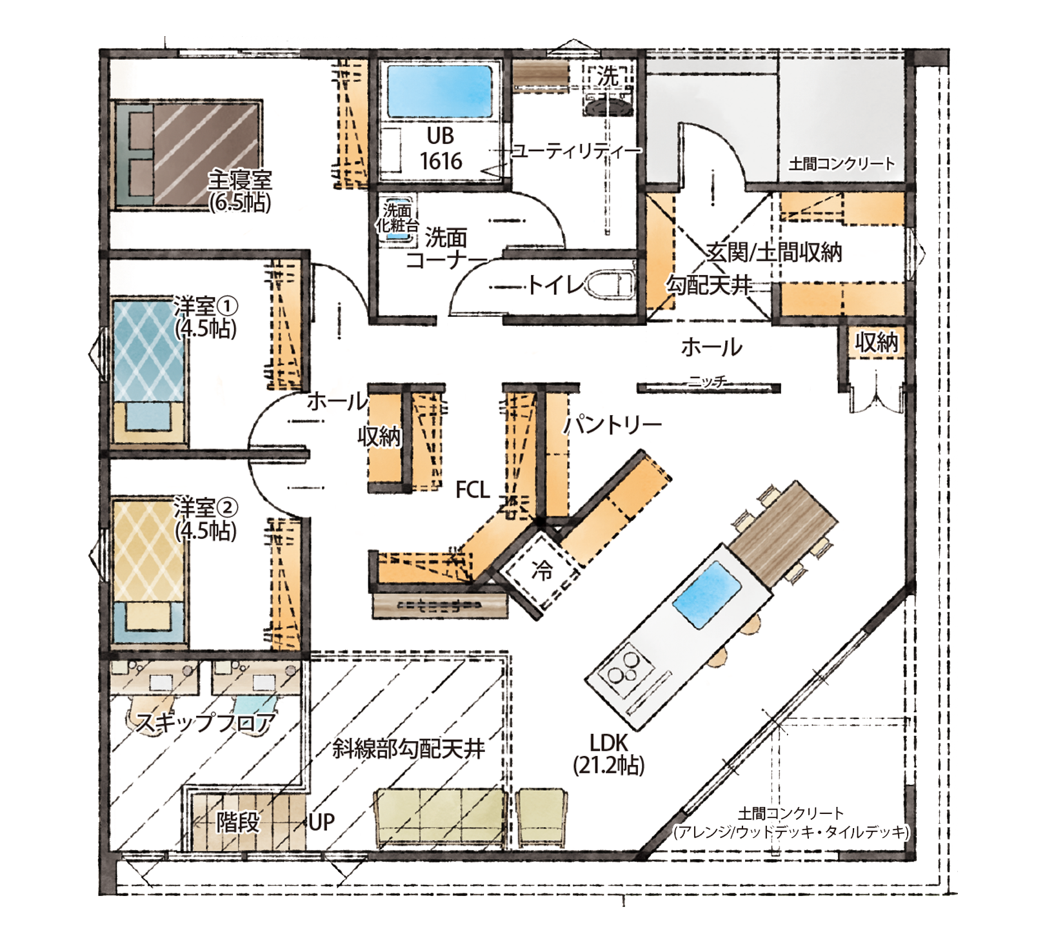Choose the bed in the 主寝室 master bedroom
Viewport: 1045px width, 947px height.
(187, 155)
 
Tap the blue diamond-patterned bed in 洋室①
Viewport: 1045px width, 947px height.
(149, 371)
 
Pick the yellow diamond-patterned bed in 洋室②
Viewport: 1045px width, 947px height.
(149, 571)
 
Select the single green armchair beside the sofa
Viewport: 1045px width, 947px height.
(542, 817)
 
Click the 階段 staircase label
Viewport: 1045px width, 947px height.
(238, 822)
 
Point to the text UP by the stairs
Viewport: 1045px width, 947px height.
(321, 822)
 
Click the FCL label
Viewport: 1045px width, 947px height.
(473, 489)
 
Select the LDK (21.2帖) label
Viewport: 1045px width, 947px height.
(609, 753)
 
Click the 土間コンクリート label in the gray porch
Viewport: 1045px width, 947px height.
(842, 163)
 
